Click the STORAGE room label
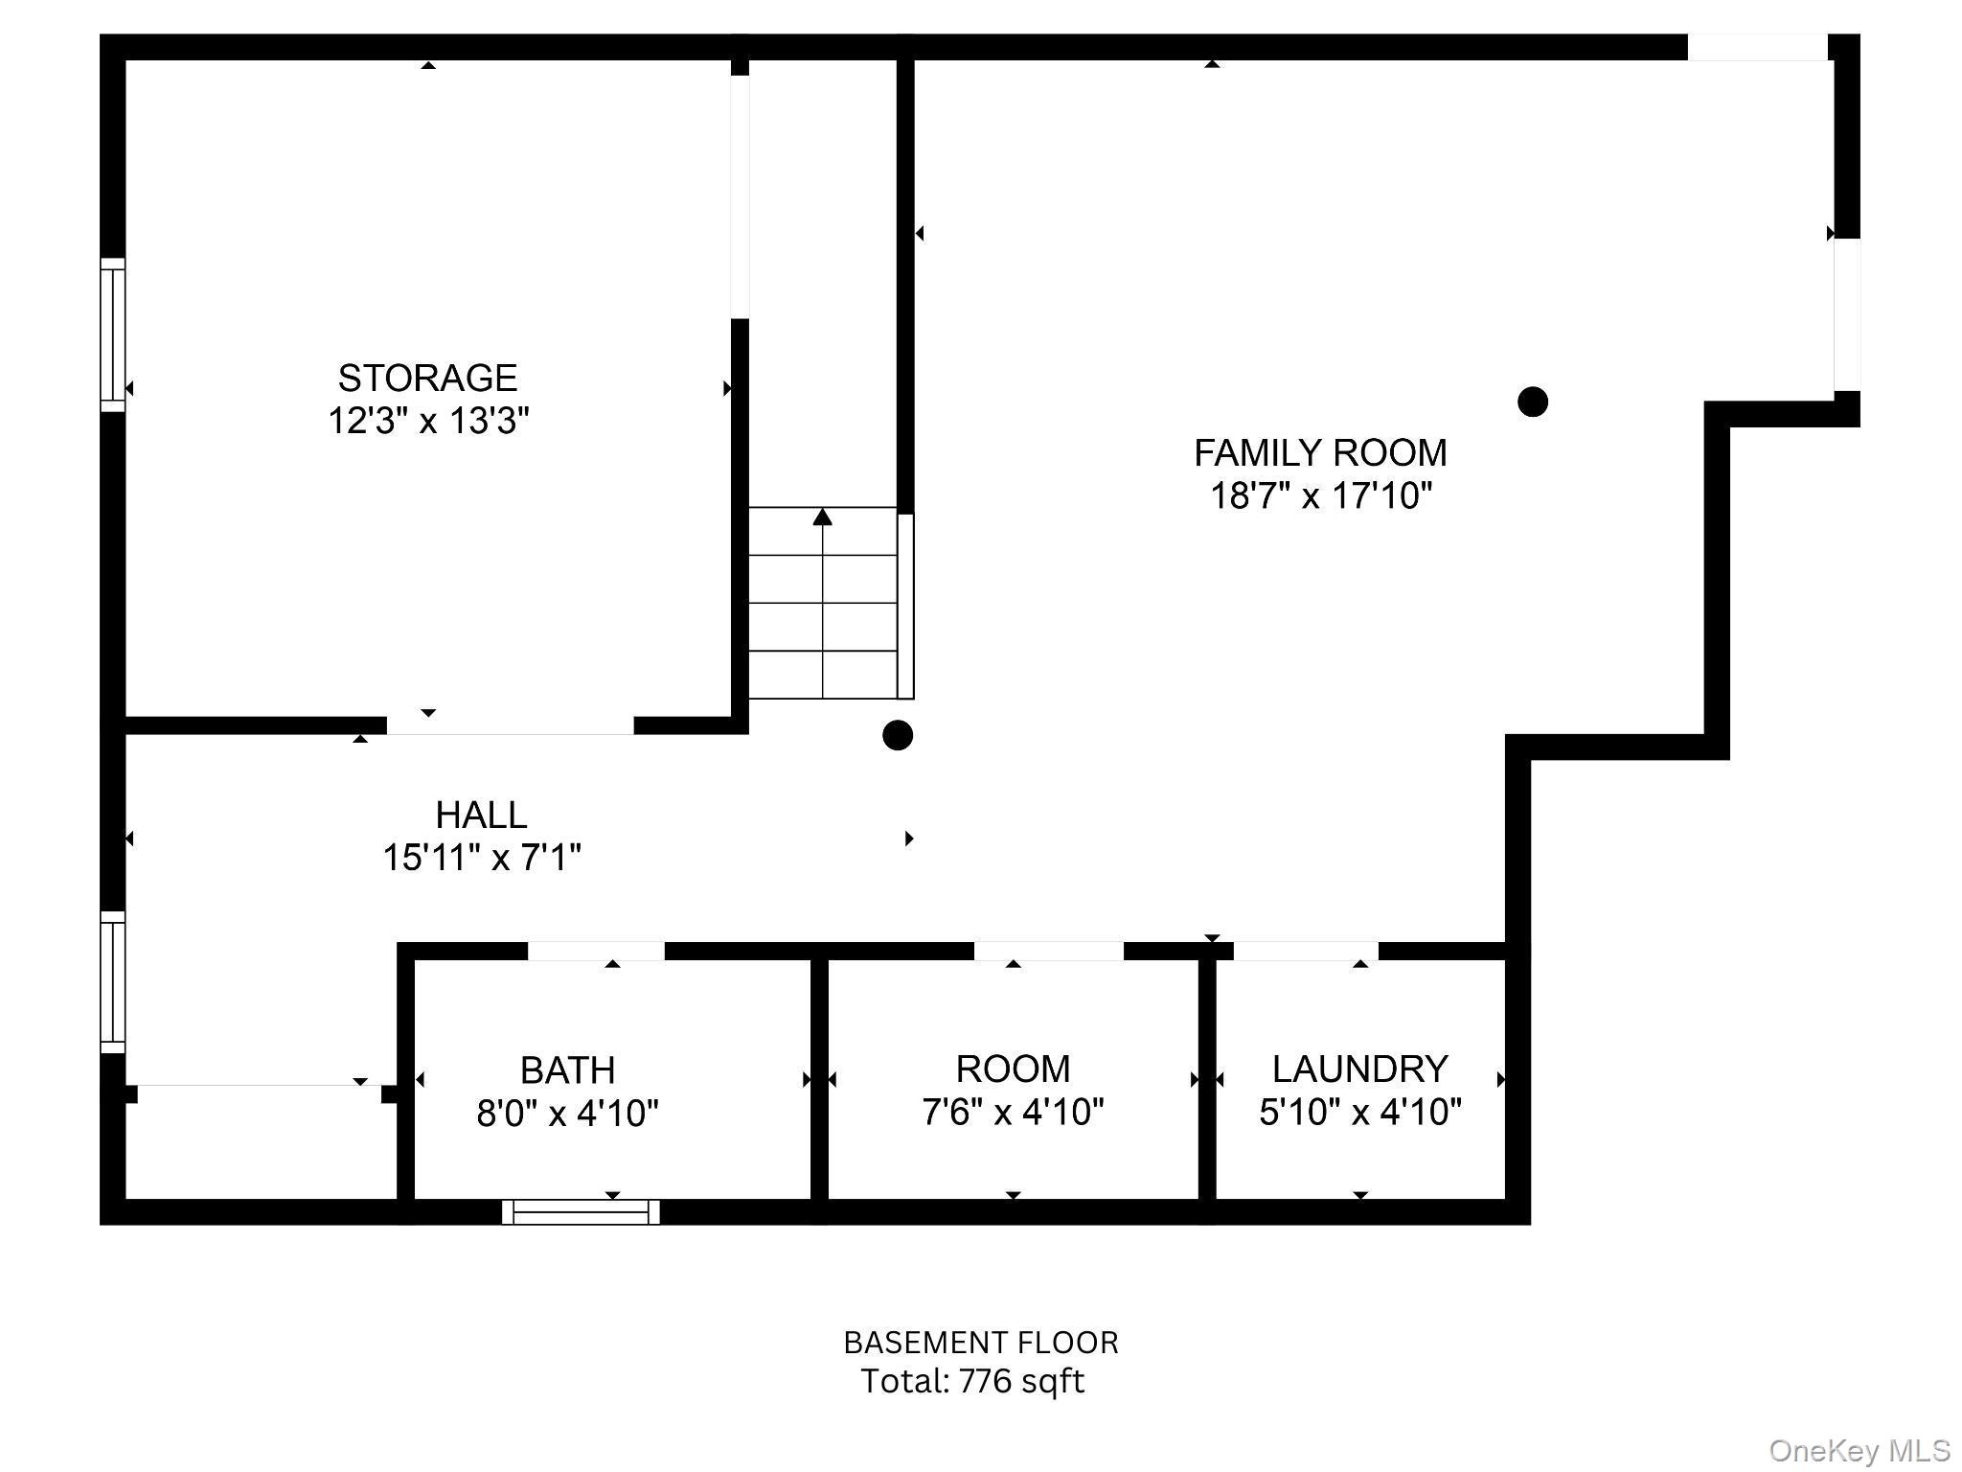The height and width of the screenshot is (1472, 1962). tap(427, 379)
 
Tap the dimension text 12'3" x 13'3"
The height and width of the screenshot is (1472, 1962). tap(428, 421)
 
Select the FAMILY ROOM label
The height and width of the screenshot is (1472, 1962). tap(1320, 453)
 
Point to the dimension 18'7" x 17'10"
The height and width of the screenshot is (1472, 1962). tap(1320, 496)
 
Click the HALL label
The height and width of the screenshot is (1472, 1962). tap(481, 816)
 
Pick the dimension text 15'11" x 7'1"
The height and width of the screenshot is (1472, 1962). tap(481, 858)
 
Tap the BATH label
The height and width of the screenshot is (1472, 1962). tap(567, 1070)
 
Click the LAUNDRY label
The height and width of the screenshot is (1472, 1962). tap(1359, 1069)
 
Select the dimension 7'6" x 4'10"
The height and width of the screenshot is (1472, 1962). tap(1013, 1113)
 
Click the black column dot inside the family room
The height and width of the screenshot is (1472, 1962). tap(1533, 402)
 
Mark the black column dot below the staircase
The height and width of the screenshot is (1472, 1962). tap(897, 735)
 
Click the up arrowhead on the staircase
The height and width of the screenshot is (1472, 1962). tap(822, 517)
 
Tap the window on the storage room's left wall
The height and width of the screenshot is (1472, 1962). tap(113, 334)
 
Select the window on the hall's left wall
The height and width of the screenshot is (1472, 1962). tap(113, 982)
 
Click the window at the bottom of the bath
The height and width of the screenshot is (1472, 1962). tap(582, 1212)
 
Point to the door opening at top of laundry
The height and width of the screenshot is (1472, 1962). tap(1305, 951)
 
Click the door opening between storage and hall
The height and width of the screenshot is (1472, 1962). tap(510, 725)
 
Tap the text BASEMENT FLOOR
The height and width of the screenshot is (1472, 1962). tap(980, 1343)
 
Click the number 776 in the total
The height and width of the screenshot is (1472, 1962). tap(985, 1381)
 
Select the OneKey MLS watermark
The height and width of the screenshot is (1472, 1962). tap(1859, 1451)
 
